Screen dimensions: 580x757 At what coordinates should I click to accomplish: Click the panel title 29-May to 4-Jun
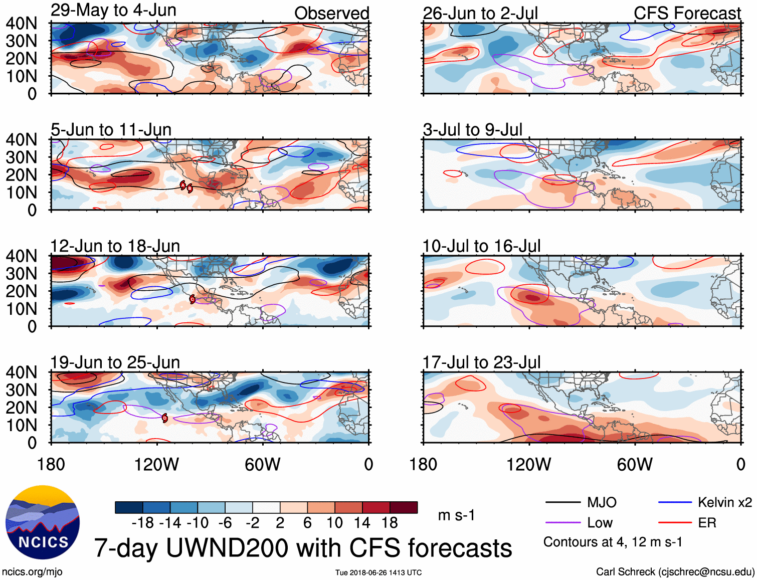click(113, 11)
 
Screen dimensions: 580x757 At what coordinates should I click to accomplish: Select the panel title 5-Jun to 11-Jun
click(111, 130)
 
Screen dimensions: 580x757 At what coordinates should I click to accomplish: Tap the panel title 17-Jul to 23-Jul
click(481, 362)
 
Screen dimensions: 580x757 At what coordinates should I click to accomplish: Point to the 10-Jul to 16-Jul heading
click(481, 246)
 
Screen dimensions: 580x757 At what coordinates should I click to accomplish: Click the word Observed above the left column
click(331, 14)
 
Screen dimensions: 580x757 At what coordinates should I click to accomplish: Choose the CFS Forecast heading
click(687, 14)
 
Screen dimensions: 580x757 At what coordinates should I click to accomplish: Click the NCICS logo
click(43, 522)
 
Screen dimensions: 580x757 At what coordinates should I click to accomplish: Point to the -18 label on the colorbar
click(142, 523)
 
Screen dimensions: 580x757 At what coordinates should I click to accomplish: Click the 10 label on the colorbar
click(334, 523)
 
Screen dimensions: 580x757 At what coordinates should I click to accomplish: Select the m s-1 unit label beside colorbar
click(456, 515)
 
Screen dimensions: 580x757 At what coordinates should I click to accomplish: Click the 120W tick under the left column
click(156, 465)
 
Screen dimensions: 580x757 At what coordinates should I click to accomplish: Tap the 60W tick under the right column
click(635, 465)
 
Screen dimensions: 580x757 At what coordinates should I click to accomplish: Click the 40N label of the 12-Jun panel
click(21, 256)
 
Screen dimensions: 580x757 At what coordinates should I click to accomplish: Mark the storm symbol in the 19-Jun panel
click(165, 418)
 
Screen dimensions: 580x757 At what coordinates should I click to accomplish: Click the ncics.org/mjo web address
click(32, 572)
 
